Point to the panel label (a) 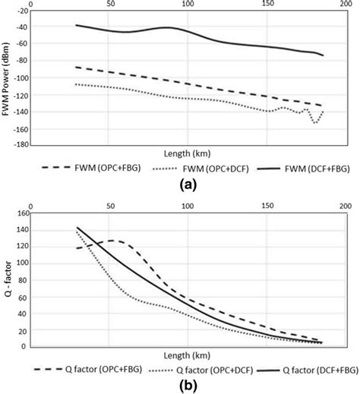pyautogui.click(x=180, y=184)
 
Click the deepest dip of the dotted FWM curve pyautogui.click(x=315, y=122)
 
